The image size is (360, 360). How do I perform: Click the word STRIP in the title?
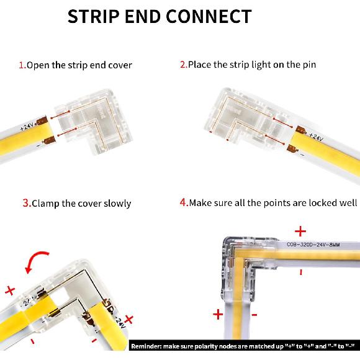(x=93, y=16)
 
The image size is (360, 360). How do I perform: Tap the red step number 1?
(x=21, y=65)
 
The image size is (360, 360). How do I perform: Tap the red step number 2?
(x=183, y=65)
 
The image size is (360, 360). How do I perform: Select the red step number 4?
(x=184, y=202)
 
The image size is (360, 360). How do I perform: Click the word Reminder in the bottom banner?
(x=150, y=345)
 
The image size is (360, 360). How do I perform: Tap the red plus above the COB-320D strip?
(x=300, y=232)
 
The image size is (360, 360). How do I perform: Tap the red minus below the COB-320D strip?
(x=300, y=272)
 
